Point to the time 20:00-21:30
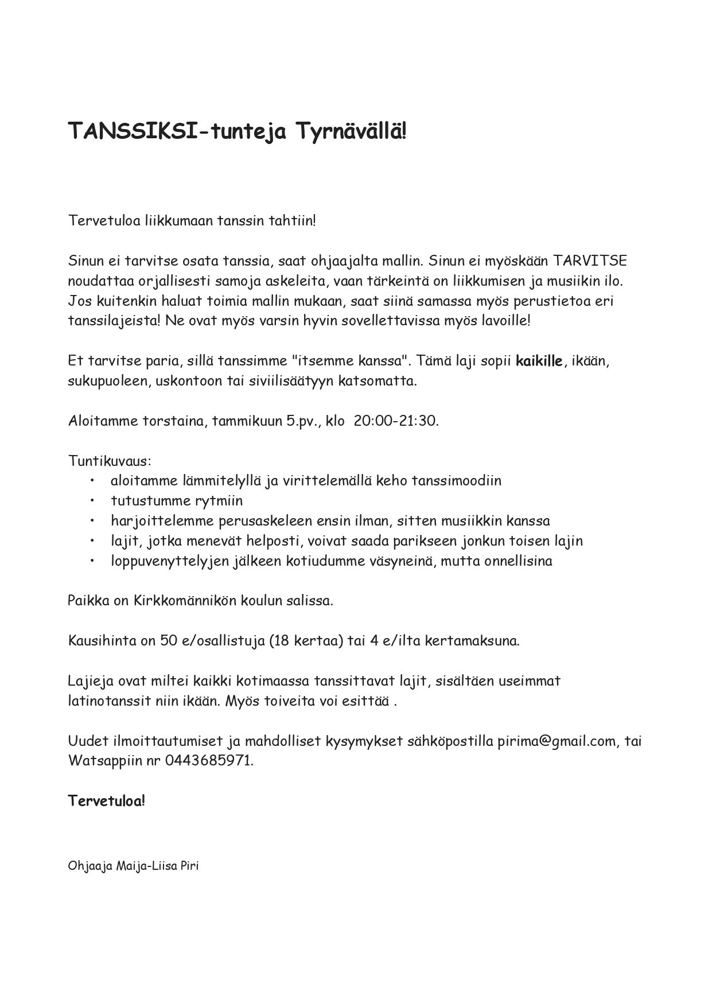coord(396,421)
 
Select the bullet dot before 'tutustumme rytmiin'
coord(92,501)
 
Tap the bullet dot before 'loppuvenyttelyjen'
coord(92,561)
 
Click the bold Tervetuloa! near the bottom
coord(107,800)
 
